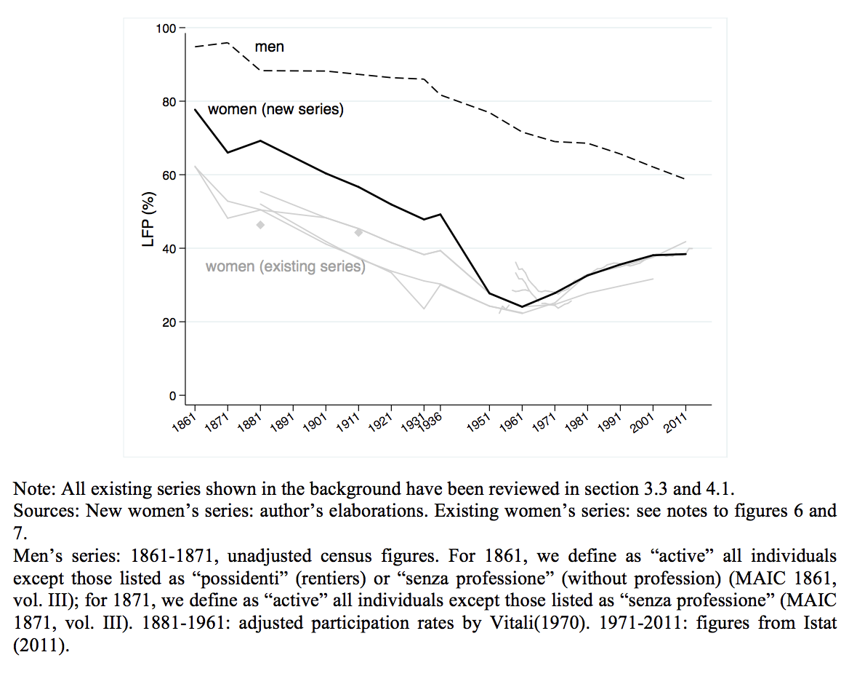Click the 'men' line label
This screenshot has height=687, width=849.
click(269, 47)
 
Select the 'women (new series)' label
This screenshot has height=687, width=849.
click(275, 110)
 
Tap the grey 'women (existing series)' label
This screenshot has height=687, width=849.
click(285, 266)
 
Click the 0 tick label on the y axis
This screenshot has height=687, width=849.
click(172, 396)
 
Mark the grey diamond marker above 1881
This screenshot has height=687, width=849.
click(260, 225)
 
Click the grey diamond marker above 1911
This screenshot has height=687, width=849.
click(358, 233)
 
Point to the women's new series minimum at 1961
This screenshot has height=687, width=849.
click(522, 307)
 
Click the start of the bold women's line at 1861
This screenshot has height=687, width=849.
click(195, 110)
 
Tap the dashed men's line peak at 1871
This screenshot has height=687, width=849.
click(228, 43)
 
